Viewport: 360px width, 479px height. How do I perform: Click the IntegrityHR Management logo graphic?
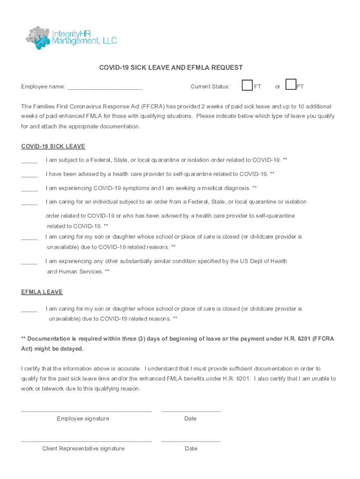(38, 38)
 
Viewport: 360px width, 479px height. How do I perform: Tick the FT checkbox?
(247, 85)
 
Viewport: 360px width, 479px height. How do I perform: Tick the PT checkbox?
(291, 85)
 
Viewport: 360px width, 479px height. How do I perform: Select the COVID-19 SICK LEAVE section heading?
(53, 146)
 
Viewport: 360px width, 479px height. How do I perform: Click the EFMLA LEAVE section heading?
(42, 292)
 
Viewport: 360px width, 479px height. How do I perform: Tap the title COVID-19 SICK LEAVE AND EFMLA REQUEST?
(171, 68)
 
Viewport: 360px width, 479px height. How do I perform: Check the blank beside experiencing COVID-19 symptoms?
(29, 189)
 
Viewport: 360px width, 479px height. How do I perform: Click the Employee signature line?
(86, 411)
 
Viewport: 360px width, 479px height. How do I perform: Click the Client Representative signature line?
(86, 441)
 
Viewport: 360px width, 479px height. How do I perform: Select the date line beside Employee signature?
(191, 411)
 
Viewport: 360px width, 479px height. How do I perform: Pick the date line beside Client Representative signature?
(191, 441)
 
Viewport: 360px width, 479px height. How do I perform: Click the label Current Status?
(210, 87)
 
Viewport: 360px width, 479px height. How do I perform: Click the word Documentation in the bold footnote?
(48, 339)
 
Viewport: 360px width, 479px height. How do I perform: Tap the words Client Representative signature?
(83, 449)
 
